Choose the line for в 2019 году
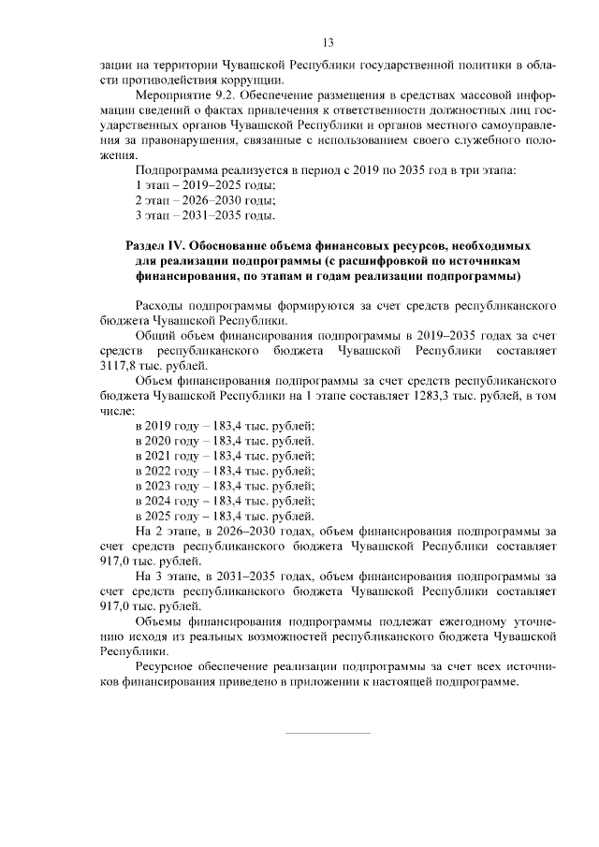point(225,426)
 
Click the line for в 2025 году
point(225,516)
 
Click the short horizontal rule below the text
point(328,733)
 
